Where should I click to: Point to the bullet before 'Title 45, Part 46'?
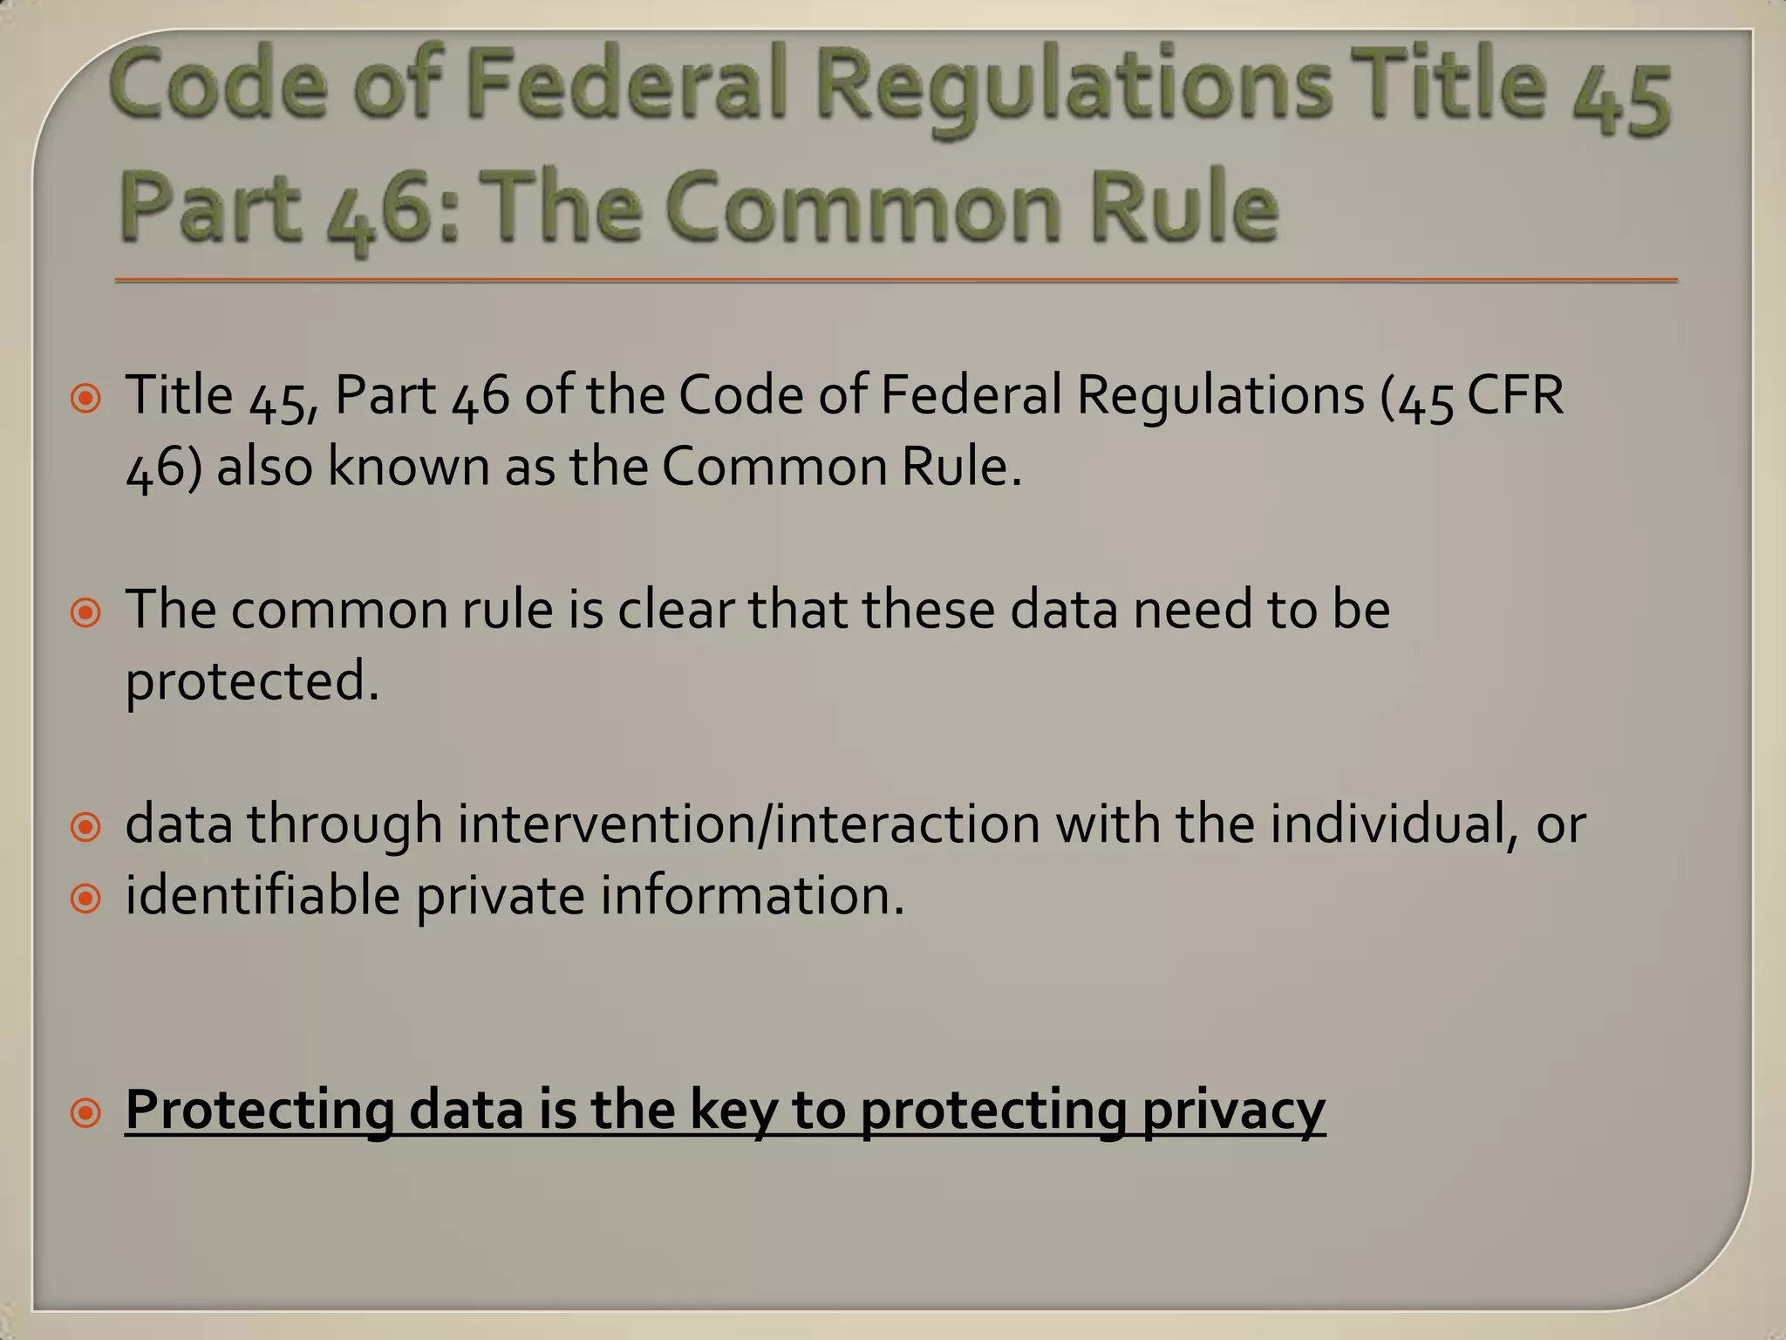tap(86, 400)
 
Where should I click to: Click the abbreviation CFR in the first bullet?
tap(1517, 395)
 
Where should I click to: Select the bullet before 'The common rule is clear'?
tap(86, 614)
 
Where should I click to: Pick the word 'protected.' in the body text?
tap(253, 681)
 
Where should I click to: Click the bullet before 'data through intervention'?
tap(86, 827)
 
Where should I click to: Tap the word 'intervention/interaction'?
tap(749, 824)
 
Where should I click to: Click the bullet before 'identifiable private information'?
tap(86, 899)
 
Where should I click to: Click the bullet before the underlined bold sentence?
tap(86, 1113)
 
